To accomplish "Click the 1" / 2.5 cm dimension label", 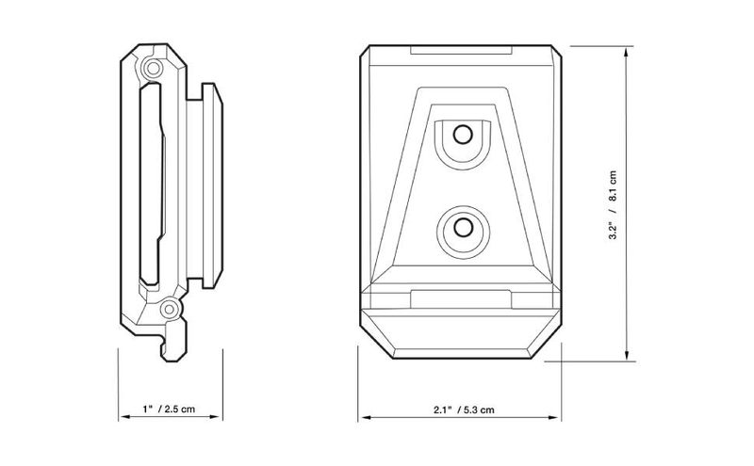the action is point(169,409).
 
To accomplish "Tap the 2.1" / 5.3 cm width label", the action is point(463,410).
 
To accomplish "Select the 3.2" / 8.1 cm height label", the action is point(613,205).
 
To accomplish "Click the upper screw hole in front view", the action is point(463,135).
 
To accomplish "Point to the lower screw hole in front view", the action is point(463,227).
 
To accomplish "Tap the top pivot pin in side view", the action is point(154,68).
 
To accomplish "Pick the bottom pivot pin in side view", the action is point(169,310).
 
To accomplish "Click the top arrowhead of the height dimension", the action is point(626,52).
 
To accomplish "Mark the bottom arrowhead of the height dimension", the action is point(626,356).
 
